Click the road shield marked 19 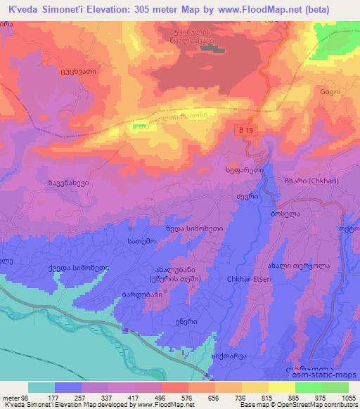[245, 131]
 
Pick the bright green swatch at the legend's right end [335, 387]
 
